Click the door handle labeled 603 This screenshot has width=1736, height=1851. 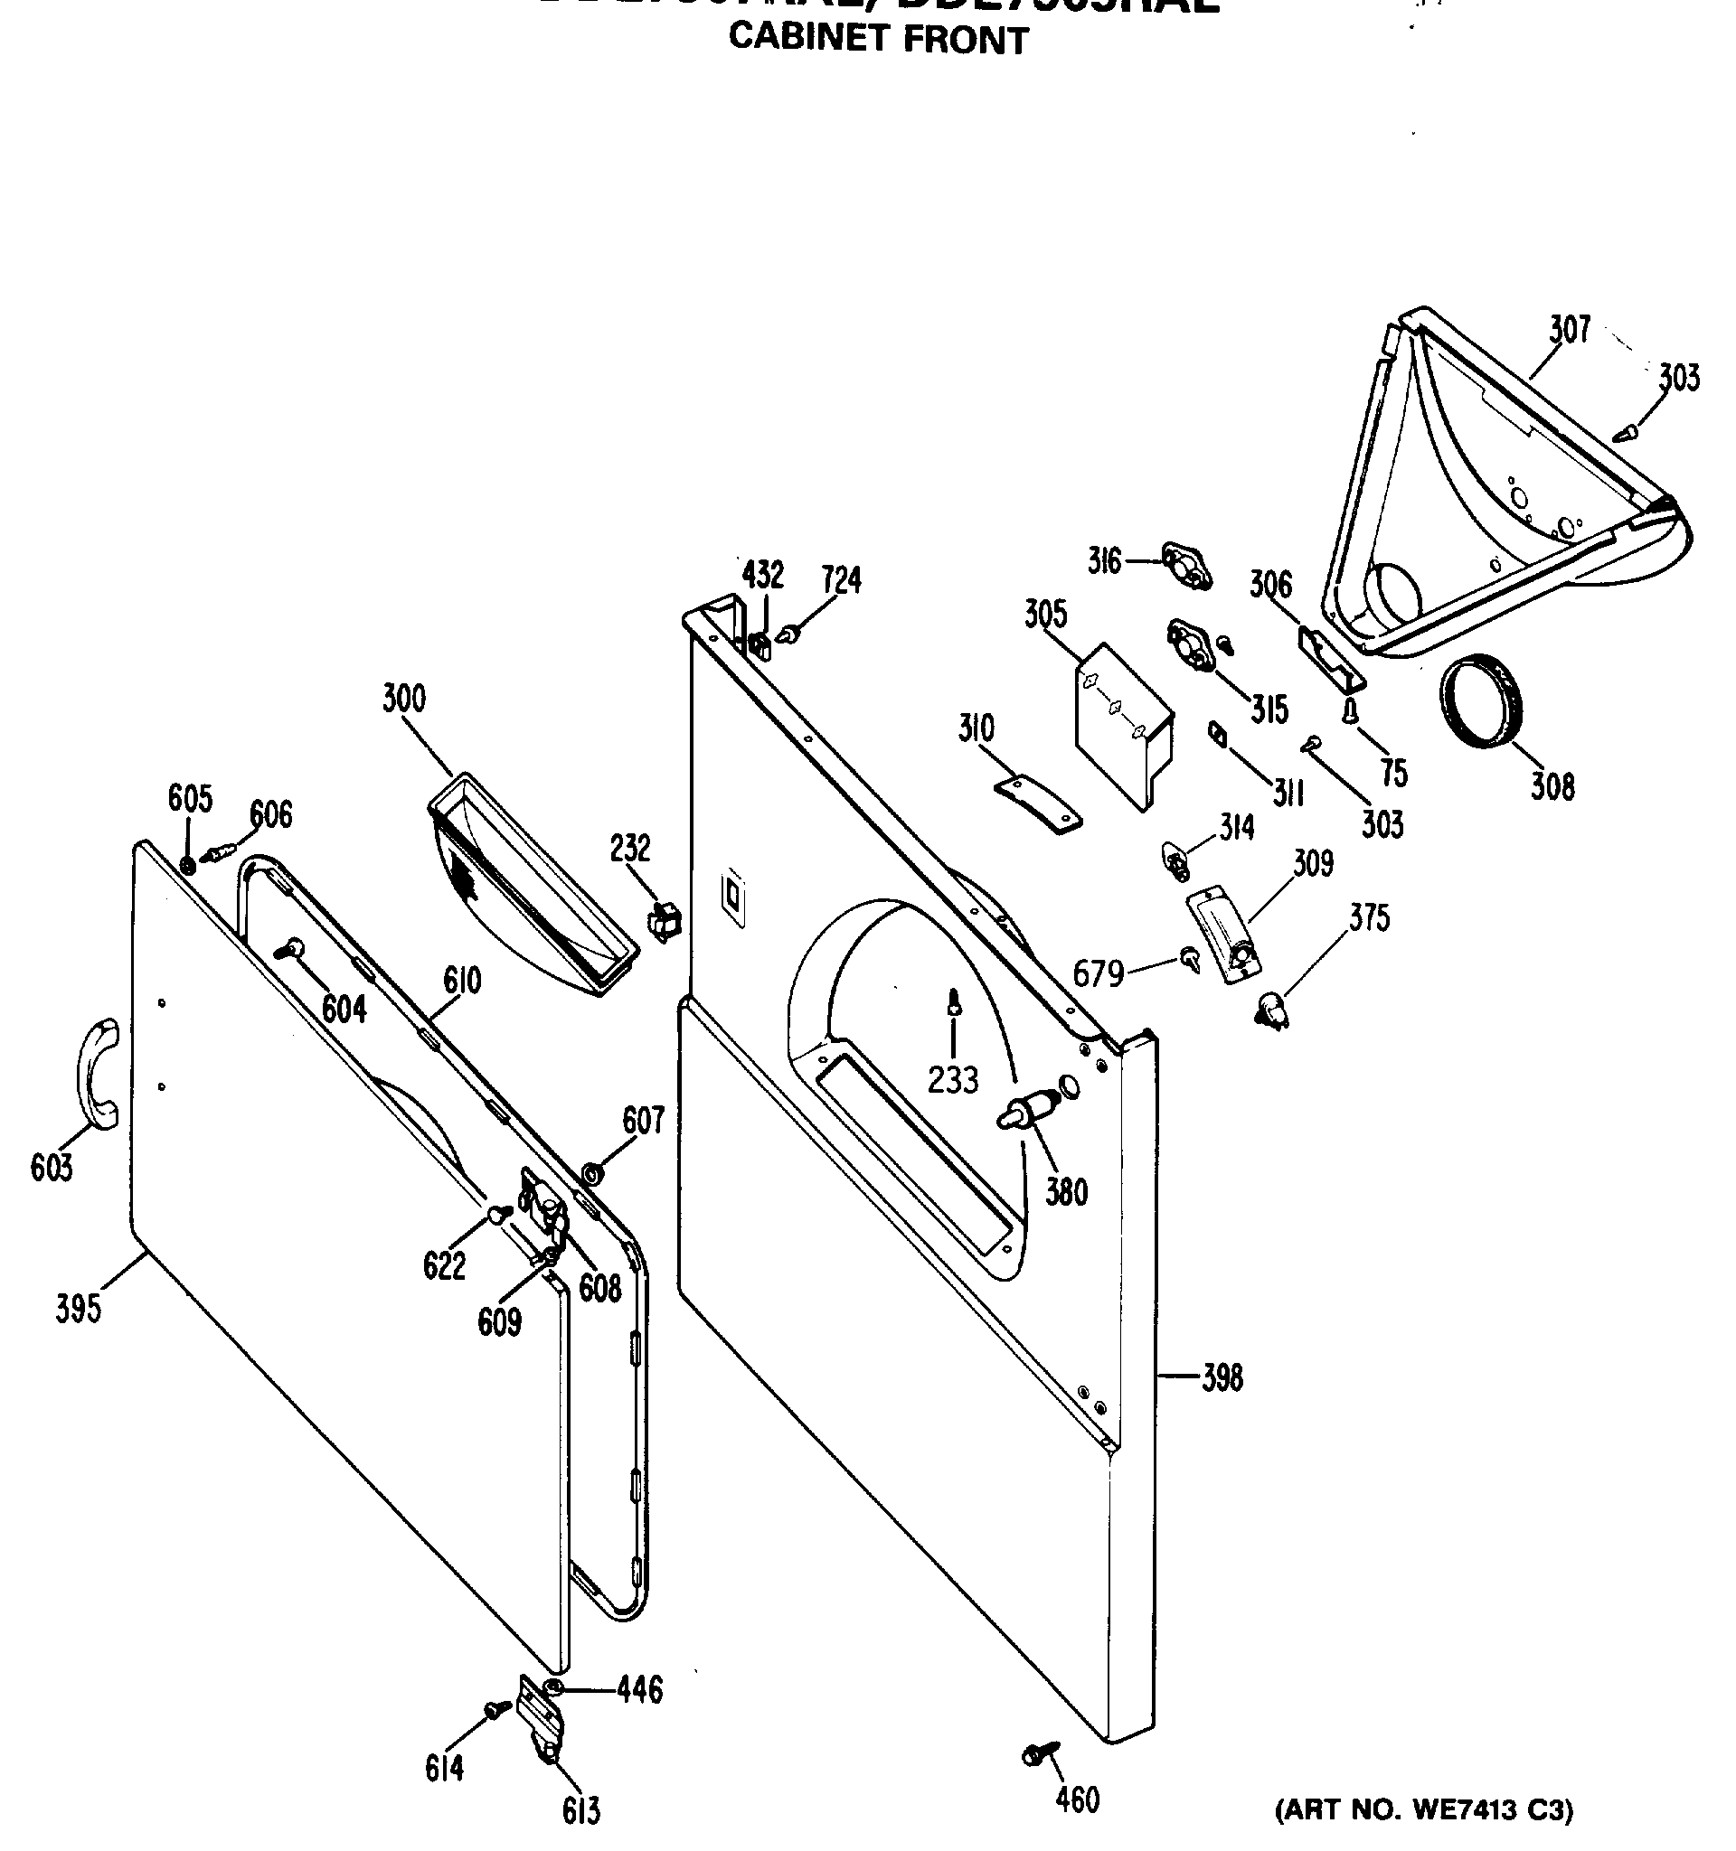[x=97, y=1075]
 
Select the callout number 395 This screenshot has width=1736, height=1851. [x=79, y=1308]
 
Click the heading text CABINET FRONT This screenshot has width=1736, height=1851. [x=878, y=39]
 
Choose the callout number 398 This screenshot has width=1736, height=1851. [x=1222, y=1377]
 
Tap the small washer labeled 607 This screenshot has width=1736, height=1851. [x=590, y=1170]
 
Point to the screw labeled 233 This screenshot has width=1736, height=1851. [x=954, y=1003]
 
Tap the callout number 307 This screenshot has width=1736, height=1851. [x=1570, y=330]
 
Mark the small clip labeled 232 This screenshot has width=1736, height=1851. [x=664, y=922]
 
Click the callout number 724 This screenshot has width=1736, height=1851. [x=841, y=580]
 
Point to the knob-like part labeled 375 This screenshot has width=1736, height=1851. [x=1272, y=1010]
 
